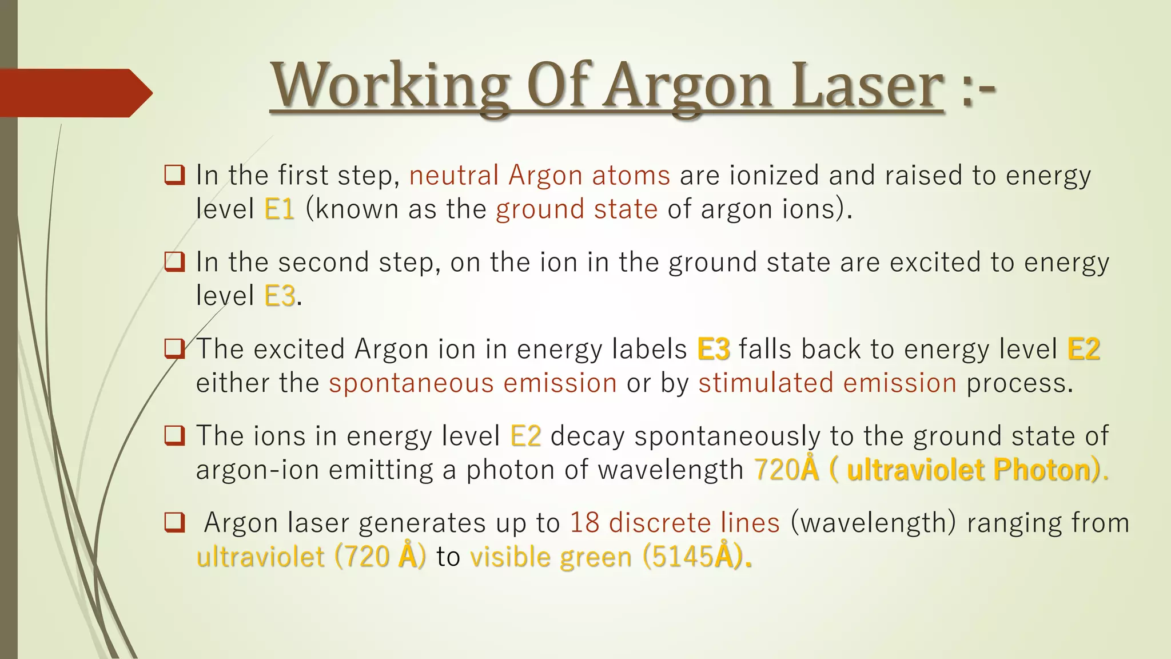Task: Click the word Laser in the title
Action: [x=867, y=87]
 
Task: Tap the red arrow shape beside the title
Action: [x=74, y=93]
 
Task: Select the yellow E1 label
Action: [x=279, y=209]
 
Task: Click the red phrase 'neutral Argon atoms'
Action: [x=539, y=175]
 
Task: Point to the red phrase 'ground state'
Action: [x=576, y=209]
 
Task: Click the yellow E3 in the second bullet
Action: [x=280, y=296]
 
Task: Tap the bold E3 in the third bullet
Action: [x=713, y=349]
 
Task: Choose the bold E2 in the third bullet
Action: [x=1084, y=349]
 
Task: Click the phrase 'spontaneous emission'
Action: [x=472, y=383]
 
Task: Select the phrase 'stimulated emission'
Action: [x=827, y=383]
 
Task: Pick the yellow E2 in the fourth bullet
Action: [x=525, y=436]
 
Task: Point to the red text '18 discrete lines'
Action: [x=675, y=523]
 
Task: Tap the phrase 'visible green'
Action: [x=551, y=557]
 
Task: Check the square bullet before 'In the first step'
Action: [x=174, y=174]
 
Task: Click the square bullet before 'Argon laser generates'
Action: [x=174, y=522]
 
